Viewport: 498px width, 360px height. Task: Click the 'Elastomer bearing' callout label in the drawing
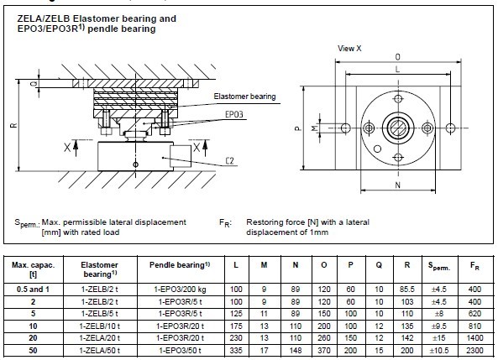[244, 97]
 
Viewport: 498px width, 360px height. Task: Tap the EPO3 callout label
[234, 114]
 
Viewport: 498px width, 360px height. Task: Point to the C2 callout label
[229, 161]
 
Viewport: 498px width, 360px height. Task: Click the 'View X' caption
[349, 49]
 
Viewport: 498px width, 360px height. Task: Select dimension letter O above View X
[397, 57]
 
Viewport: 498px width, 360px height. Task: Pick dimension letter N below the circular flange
[397, 185]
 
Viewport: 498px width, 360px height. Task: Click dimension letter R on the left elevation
[13, 125]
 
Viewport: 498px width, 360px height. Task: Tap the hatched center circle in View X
[398, 128]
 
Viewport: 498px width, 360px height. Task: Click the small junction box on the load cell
[180, 155]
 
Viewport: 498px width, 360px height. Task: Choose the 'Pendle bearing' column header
[180, 265]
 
